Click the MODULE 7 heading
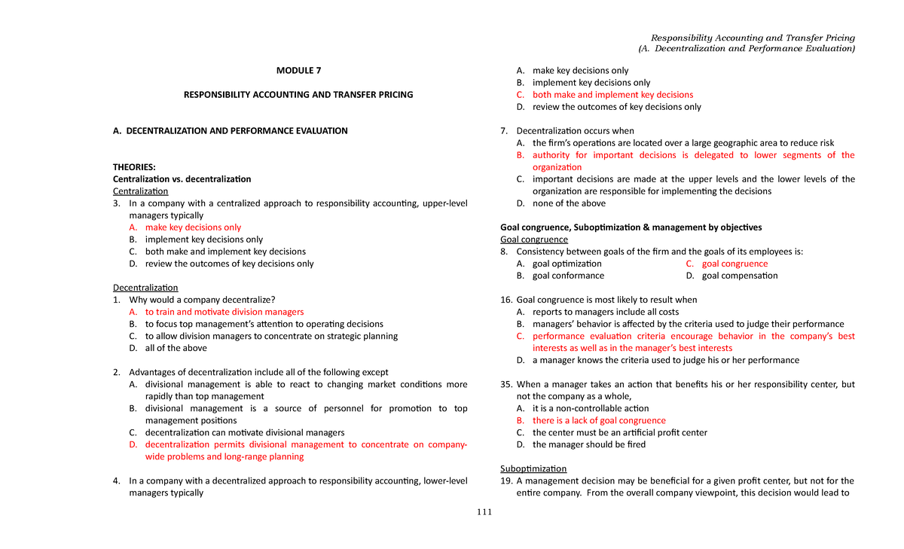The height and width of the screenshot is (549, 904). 298,71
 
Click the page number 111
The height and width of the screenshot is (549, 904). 483,513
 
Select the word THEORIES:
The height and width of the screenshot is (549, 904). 135,167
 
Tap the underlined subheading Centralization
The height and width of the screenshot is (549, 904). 141,191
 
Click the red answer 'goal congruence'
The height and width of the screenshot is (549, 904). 734,264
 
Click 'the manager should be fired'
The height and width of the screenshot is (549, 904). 588,444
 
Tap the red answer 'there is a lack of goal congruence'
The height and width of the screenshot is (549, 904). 599,420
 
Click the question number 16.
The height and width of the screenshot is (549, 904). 506,300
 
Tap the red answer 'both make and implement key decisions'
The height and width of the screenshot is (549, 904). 612,95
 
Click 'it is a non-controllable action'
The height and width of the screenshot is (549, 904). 590,408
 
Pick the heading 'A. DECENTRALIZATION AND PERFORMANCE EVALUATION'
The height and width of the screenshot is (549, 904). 230,131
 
